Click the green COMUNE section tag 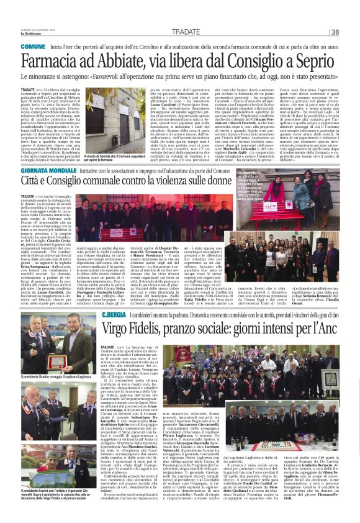[x=32, y=47]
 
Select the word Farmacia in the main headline [x=52, y=62]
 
